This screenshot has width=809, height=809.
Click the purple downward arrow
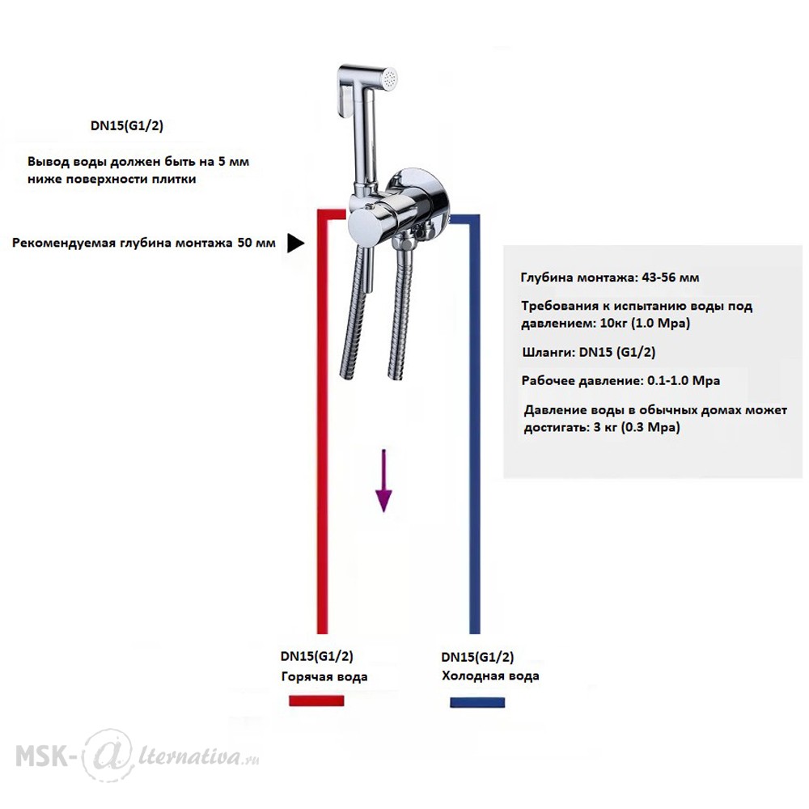click(x=383, y=481)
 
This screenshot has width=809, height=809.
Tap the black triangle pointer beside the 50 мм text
click(x=294, y=243)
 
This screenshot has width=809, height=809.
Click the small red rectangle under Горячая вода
click(x=316, y=701)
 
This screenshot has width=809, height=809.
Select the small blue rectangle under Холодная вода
click(x=477, y=702)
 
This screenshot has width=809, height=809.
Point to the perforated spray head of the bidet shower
click(x=390, y=78)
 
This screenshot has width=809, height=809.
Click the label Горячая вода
click(x=324, y=676)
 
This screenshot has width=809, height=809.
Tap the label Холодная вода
click(x=490, y=676)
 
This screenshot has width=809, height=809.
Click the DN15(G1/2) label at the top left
click(x=127, y=126)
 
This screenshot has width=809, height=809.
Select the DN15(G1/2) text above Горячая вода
click(x=317, y=656)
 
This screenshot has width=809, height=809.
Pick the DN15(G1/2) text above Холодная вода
click(x=478, y=657)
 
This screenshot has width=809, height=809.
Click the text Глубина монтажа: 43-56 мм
click(x=610, y=277)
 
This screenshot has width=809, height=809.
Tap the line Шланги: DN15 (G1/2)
click(x=589, y=353)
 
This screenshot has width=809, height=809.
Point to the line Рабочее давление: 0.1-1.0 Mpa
click(x=621, y=381)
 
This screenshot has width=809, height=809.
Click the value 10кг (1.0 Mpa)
click(x=645, y=324)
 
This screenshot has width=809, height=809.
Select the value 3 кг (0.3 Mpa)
click(x=637, y=427)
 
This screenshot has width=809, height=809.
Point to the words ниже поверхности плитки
click(x=112, y=180)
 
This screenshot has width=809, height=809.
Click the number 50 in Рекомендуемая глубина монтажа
click(x=245, y=243)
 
